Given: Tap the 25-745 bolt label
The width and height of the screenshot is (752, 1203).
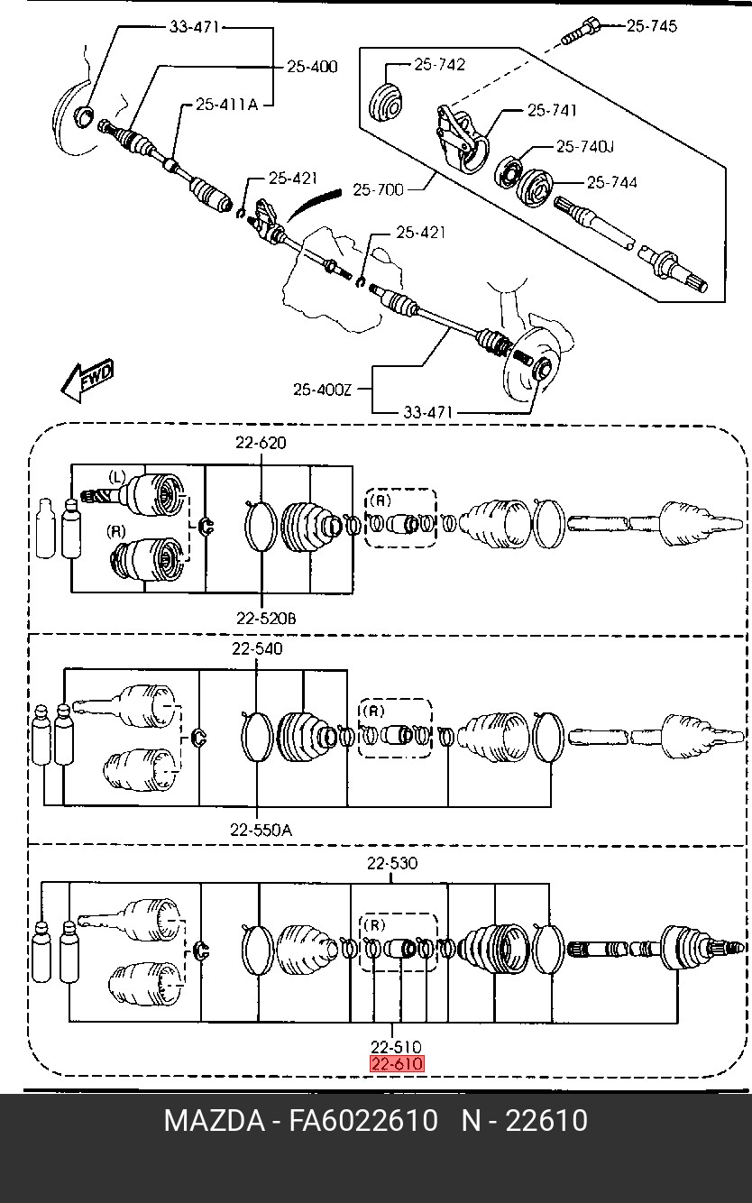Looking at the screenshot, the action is [652, 26].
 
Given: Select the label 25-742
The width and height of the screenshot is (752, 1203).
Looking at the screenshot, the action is [439, 64].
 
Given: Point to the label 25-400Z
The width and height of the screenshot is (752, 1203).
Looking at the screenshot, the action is [322, 389].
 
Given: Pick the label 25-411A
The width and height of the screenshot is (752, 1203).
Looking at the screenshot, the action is [226, 105].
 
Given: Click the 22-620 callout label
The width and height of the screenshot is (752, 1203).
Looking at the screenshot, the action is [261, 443].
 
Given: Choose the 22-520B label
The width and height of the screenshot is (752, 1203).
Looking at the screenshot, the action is [266, 618].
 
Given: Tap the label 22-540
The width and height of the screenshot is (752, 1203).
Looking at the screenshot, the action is [257, 648].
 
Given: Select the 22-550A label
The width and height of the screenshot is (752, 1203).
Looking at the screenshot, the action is [261, 830].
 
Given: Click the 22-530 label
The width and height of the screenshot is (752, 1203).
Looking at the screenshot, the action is [392, 863].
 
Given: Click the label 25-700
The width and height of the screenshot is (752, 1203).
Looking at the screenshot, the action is [378, 189].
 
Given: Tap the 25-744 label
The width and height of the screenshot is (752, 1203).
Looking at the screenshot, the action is [612, 182].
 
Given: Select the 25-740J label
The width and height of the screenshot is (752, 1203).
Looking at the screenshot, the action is [584, 146].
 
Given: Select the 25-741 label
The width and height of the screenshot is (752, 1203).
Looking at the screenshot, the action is [552, 110].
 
